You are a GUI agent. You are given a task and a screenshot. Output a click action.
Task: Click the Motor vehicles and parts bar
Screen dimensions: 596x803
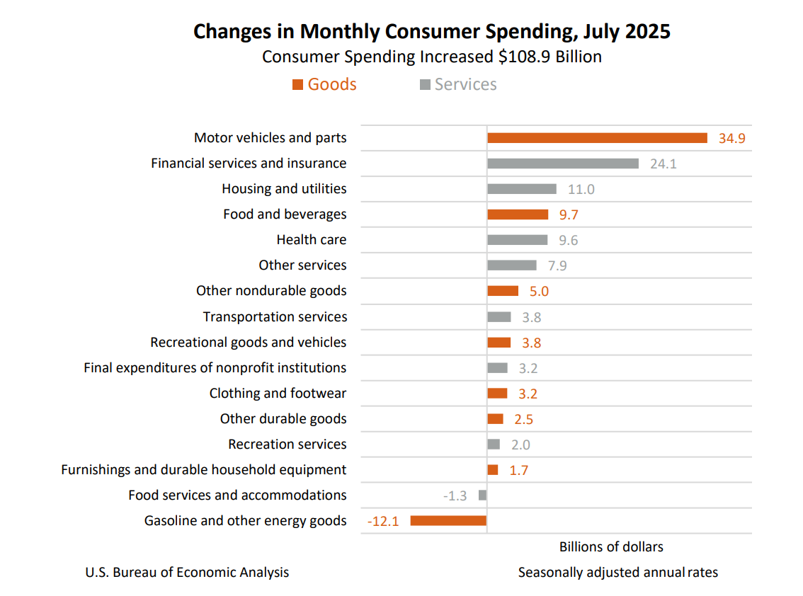coord(597,138)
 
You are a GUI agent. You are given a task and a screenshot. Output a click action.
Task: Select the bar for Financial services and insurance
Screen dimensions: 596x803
coord(563,164)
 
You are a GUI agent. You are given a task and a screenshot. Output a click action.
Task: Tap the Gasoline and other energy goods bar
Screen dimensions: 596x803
coord(448,521)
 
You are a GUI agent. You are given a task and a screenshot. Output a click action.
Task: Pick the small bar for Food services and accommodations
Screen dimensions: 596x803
coord(483,495)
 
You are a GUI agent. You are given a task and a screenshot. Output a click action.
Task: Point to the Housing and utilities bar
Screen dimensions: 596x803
coord(522,189)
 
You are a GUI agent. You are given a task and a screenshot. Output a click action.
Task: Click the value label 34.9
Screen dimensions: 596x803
coord(731,139)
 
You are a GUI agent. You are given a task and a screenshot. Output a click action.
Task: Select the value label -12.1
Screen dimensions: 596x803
coord(383,522)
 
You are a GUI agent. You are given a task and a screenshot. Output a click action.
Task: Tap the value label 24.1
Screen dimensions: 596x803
coord(664,164)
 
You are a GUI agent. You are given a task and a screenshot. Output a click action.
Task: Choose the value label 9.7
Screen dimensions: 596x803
coord(568,215)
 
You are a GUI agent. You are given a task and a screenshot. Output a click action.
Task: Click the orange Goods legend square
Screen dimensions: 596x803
coord(298,85)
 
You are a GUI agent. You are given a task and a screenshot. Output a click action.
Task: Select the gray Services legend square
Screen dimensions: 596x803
coord(425,85)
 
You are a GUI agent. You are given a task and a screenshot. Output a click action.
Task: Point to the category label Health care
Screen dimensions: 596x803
coord(312,240)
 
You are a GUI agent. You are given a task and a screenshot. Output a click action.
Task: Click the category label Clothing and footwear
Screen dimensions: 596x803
coord(278,394)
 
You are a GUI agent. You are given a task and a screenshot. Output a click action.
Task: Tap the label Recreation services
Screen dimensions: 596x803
coord(287,445)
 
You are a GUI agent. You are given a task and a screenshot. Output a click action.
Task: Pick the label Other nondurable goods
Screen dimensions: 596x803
coord(271,291)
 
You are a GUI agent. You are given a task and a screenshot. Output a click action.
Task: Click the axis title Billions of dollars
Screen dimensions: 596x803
coord(611,546)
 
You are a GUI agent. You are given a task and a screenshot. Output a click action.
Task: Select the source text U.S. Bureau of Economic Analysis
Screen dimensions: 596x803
coord(187,572)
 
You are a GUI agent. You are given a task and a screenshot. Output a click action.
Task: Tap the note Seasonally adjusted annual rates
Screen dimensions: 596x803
coord(617,572)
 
